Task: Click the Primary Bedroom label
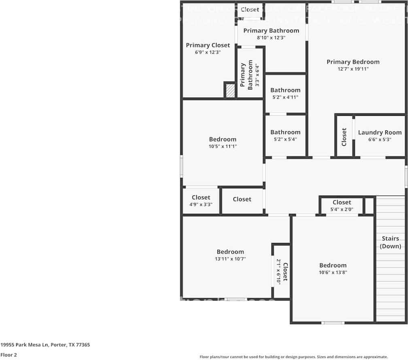353,62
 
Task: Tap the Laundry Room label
380,132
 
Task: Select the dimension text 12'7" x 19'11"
353,69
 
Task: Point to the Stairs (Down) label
390,242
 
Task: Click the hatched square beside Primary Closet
230,90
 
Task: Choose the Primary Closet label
208,45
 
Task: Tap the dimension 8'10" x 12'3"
271,38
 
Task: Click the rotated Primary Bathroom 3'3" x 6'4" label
246,75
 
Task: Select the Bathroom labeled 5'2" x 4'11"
285,90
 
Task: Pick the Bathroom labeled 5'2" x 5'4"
285,132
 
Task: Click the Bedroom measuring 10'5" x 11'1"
223,140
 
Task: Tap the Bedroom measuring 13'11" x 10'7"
230,252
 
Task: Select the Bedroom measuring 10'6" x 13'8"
333,266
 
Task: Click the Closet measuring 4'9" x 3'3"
201,198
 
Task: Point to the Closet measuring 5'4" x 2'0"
342,202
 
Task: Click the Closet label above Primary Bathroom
250,10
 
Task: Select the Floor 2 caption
8,354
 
